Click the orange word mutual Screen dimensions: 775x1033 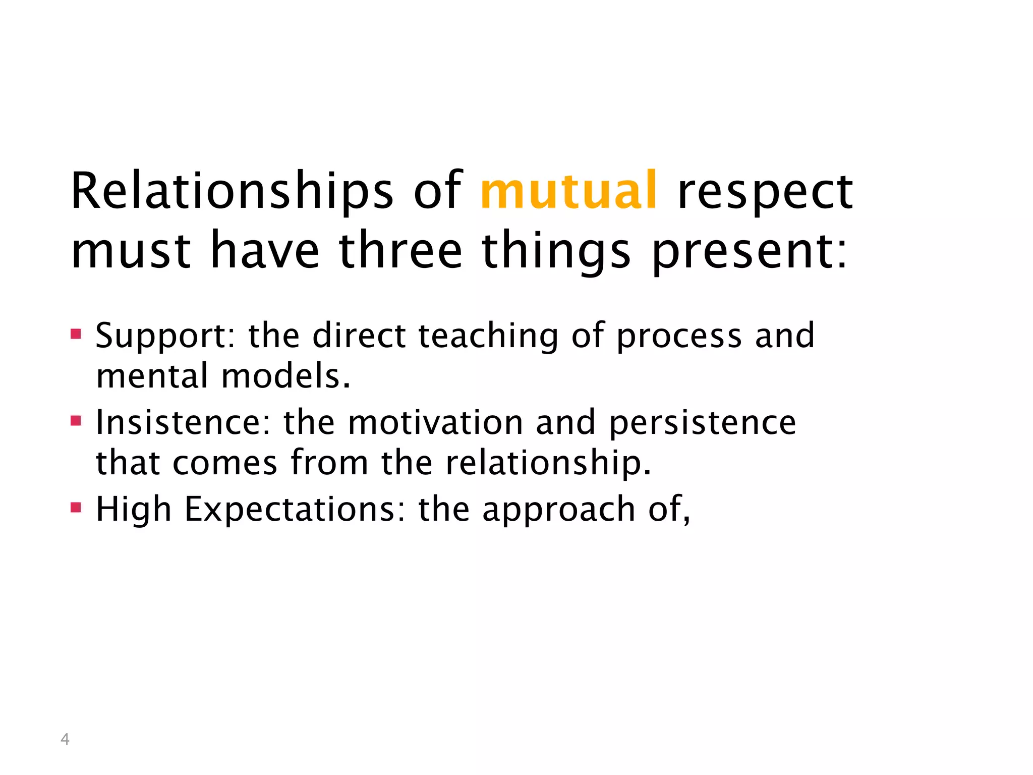pyautogui.click(x=568, y=191)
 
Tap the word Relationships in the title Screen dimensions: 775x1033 pyautogui.click(x=232, y=192)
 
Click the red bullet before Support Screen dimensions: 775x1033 pyautogui.click(x=76, y=334)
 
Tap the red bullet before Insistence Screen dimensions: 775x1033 pyautogui.click(x=76, y=420)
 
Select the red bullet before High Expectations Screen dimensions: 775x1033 pyautogui.click(x=76, y=507)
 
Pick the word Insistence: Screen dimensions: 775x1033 pyautogui.click(x=184, y=422)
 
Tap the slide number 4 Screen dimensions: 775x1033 pyautogui.click(x=65, y=739)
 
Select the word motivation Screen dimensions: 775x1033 pyautogui.click(x=435, y=422)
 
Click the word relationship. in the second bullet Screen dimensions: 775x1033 pyautogui.click(x=548, y=463)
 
